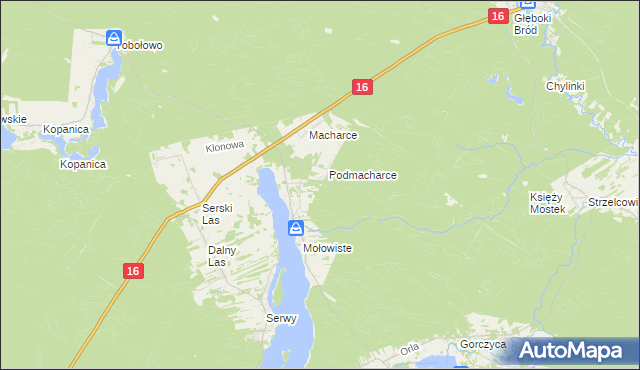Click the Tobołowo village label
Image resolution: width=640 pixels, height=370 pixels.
pos(140,45)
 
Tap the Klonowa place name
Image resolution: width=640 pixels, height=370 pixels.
pos(225,146)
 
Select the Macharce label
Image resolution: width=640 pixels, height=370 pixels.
pos(333,135)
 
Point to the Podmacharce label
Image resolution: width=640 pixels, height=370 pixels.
pos(363,175)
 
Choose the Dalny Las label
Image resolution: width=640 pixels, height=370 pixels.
pos(221,256)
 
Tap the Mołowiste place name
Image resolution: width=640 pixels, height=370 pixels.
pos(327,248)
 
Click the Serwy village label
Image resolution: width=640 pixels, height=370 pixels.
pos(281,319)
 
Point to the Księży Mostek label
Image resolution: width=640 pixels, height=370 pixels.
pos(547,204)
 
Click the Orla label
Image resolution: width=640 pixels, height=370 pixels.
pos(408,350)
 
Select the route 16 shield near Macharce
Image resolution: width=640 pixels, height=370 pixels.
pos(362,88)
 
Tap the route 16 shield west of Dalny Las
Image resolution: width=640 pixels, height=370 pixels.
pos(134,271)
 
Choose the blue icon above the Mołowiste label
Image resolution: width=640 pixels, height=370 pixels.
pos(296,228)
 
